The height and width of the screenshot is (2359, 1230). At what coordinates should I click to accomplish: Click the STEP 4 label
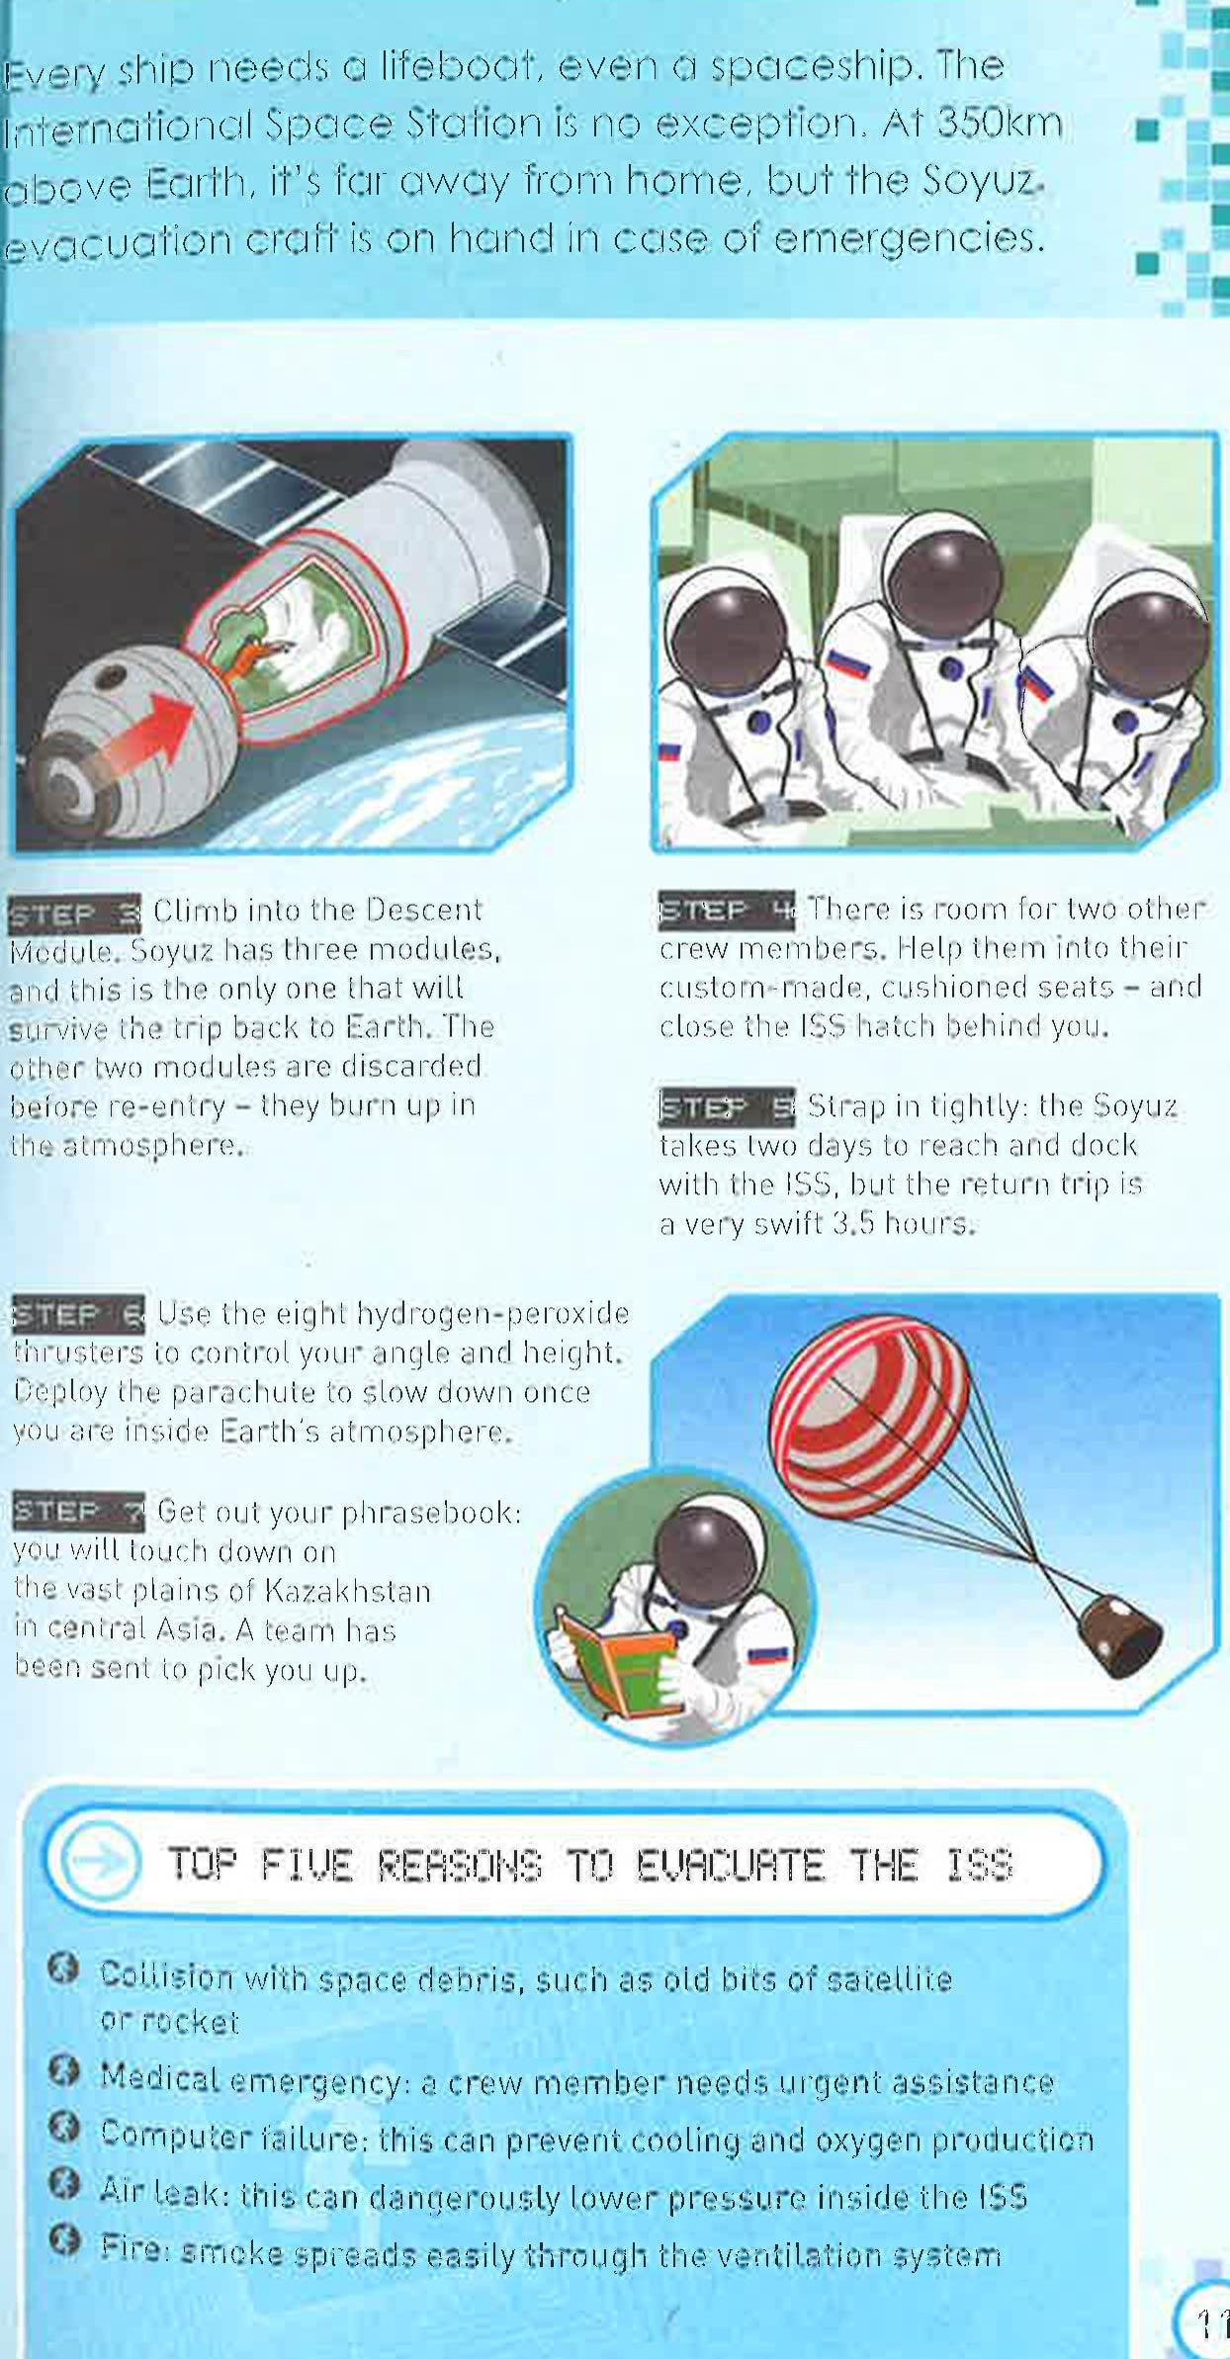click(726, 910)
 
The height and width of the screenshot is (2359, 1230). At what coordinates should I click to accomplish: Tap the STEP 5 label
click(726, 1107)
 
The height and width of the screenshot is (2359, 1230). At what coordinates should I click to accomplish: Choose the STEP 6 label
click(78, 1315)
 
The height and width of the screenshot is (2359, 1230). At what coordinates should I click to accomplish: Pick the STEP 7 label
click(78, 1512)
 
